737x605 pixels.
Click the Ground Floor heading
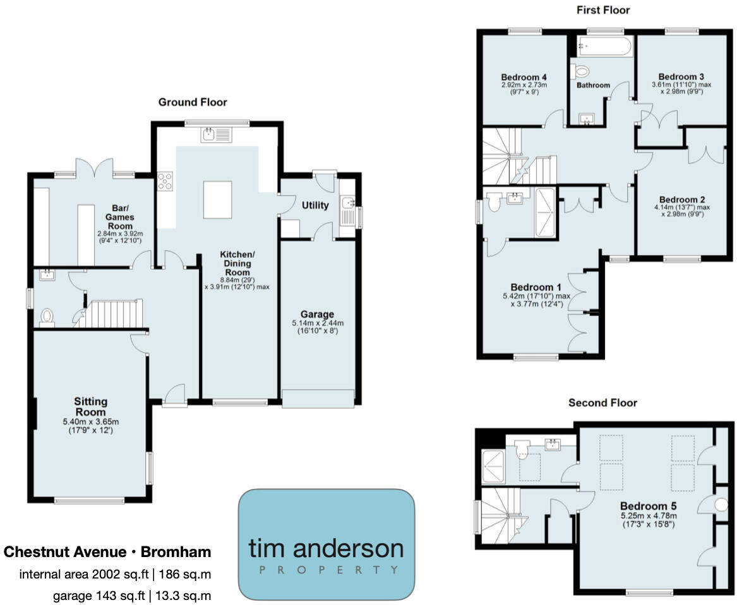pyautogui.click(x=192, y=102)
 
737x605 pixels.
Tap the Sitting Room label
pyautogui.click(x=91, y=401)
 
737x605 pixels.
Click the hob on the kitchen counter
pyautogui.click(x=165, y=182)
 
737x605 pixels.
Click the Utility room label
pyautogui.click(x=315, y=205)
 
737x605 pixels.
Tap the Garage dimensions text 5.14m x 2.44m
pyautogui.click(x=318, y=324)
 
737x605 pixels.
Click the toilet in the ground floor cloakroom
pyautogui.click(x=46, y=316)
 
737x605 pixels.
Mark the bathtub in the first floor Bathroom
pyautogui.click(x=604, y=47)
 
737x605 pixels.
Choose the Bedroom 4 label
pyautogui.click(x=524, y=78)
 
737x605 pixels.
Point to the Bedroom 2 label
pyautogui.click(x=681, y=198)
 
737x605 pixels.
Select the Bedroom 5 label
pyautogui.click(x=644, y=506)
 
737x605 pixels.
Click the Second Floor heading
pyautogui.click(x=602, y=402)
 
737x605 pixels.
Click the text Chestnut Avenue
pyautogui.click(x=65, y=552)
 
